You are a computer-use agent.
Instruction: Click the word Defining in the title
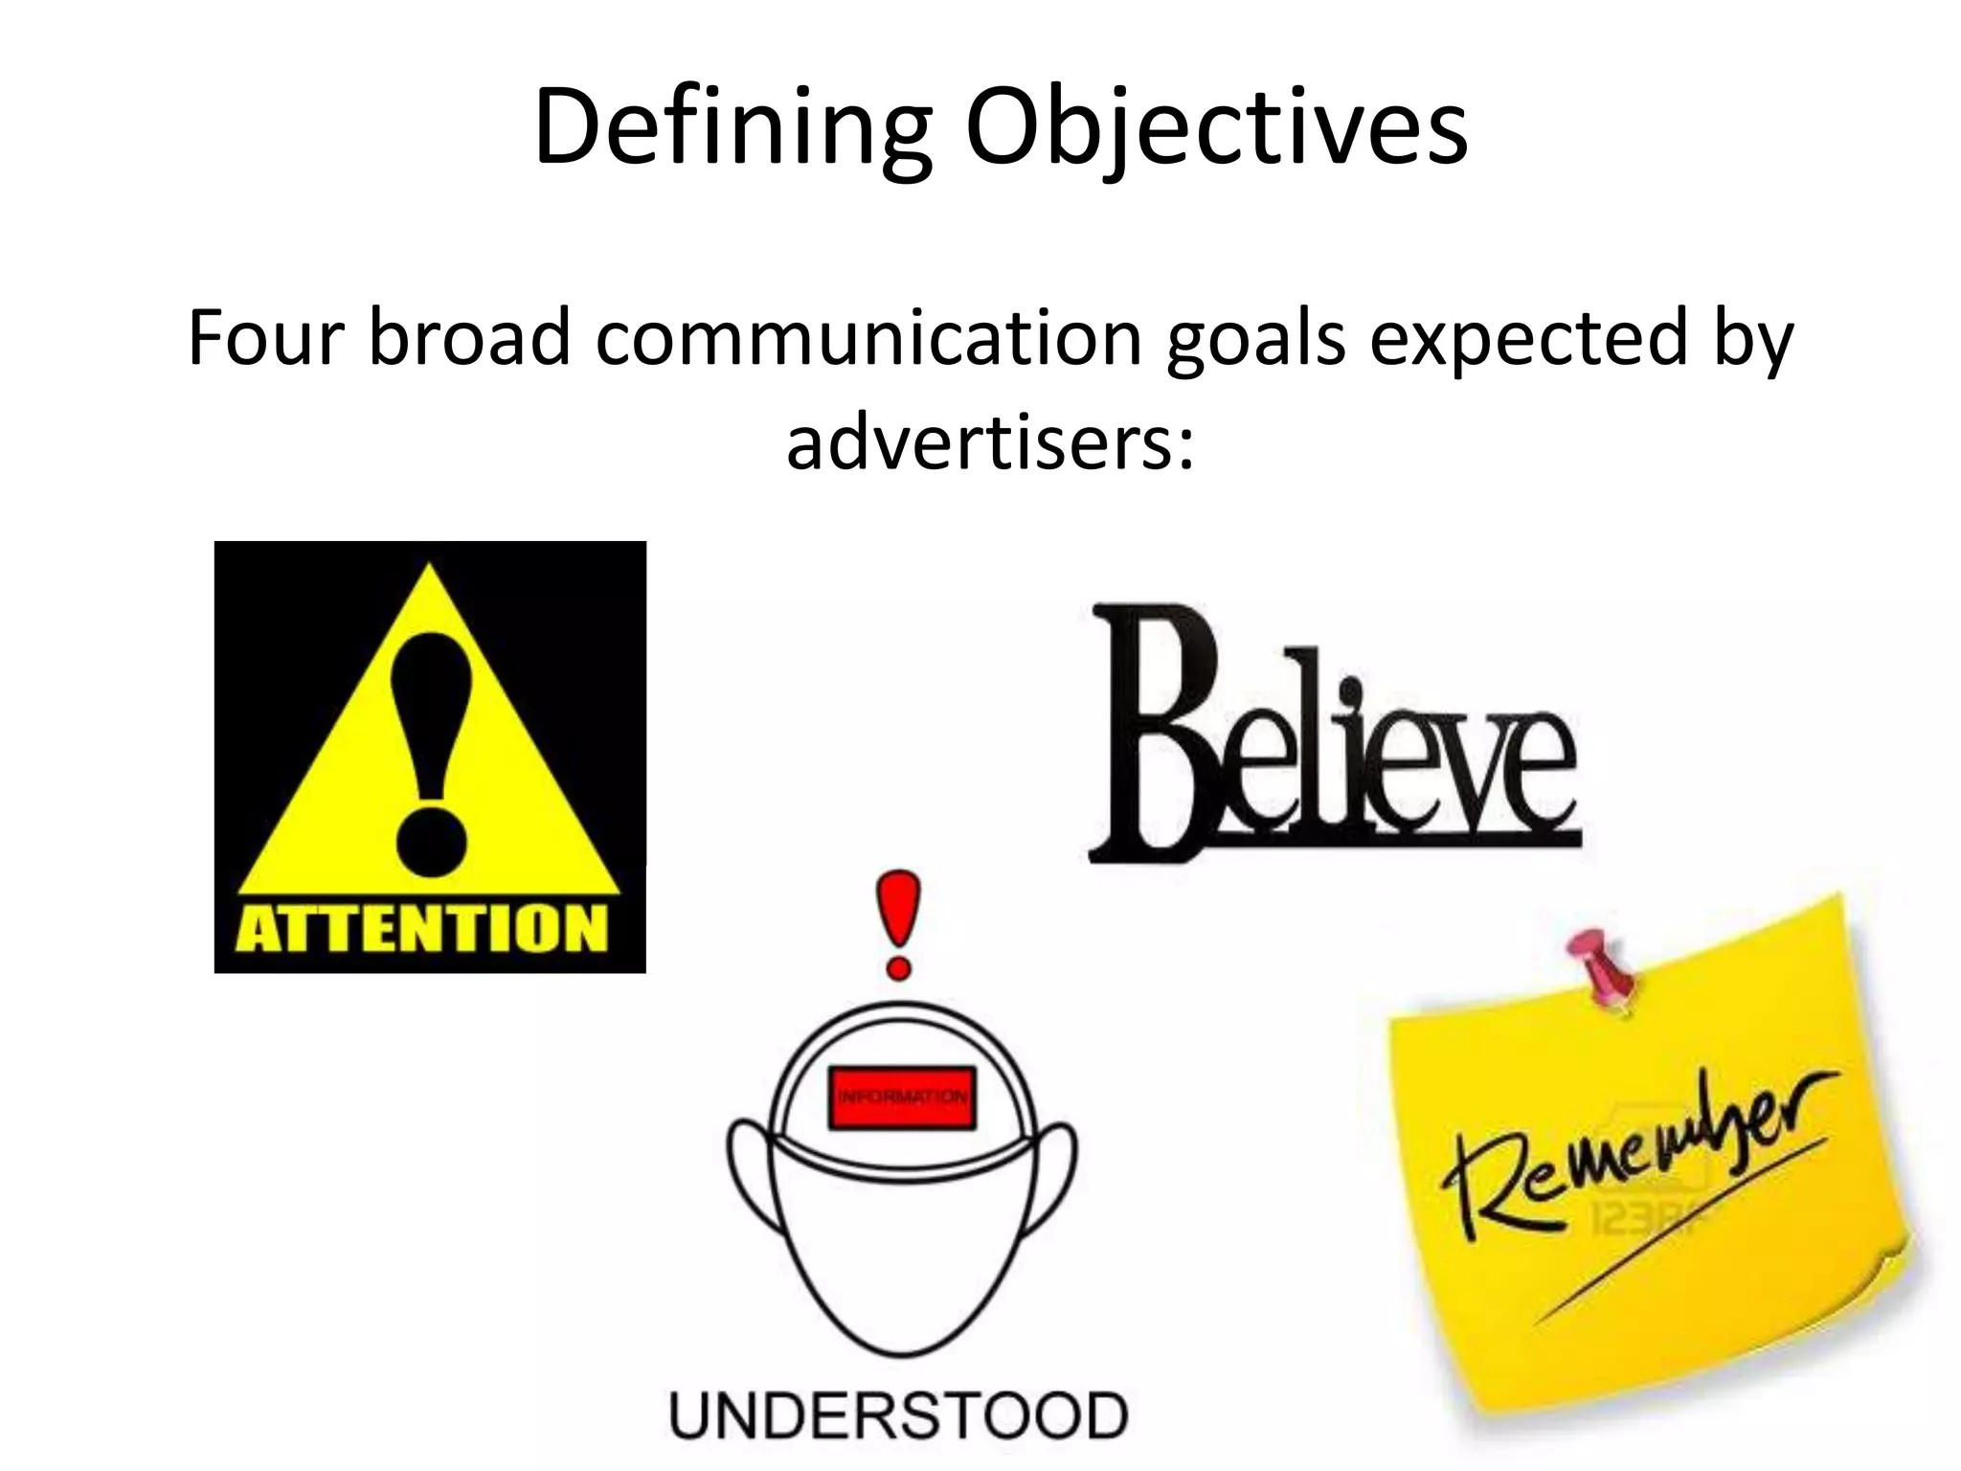tap(732, 129)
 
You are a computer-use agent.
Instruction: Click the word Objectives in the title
tap(1216, 129)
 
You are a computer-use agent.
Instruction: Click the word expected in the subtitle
tap(1528, 340)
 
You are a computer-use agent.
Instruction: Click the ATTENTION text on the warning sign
tap(421, 928)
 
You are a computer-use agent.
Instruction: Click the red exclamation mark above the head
tap(899, 923)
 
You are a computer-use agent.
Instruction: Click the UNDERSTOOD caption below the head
tap(898, 1415)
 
